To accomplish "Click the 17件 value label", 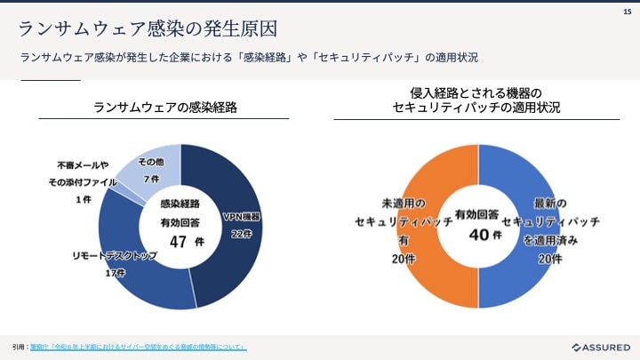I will [115, 273].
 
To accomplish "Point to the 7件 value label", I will [150, 179].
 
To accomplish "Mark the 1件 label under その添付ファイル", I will [84, 200].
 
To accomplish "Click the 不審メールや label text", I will [83, 164].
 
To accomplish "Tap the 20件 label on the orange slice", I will [403, 259].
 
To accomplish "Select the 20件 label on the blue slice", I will [549, 259].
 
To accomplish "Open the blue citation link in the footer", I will [138, 347].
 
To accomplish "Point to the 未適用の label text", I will [404, 203].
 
